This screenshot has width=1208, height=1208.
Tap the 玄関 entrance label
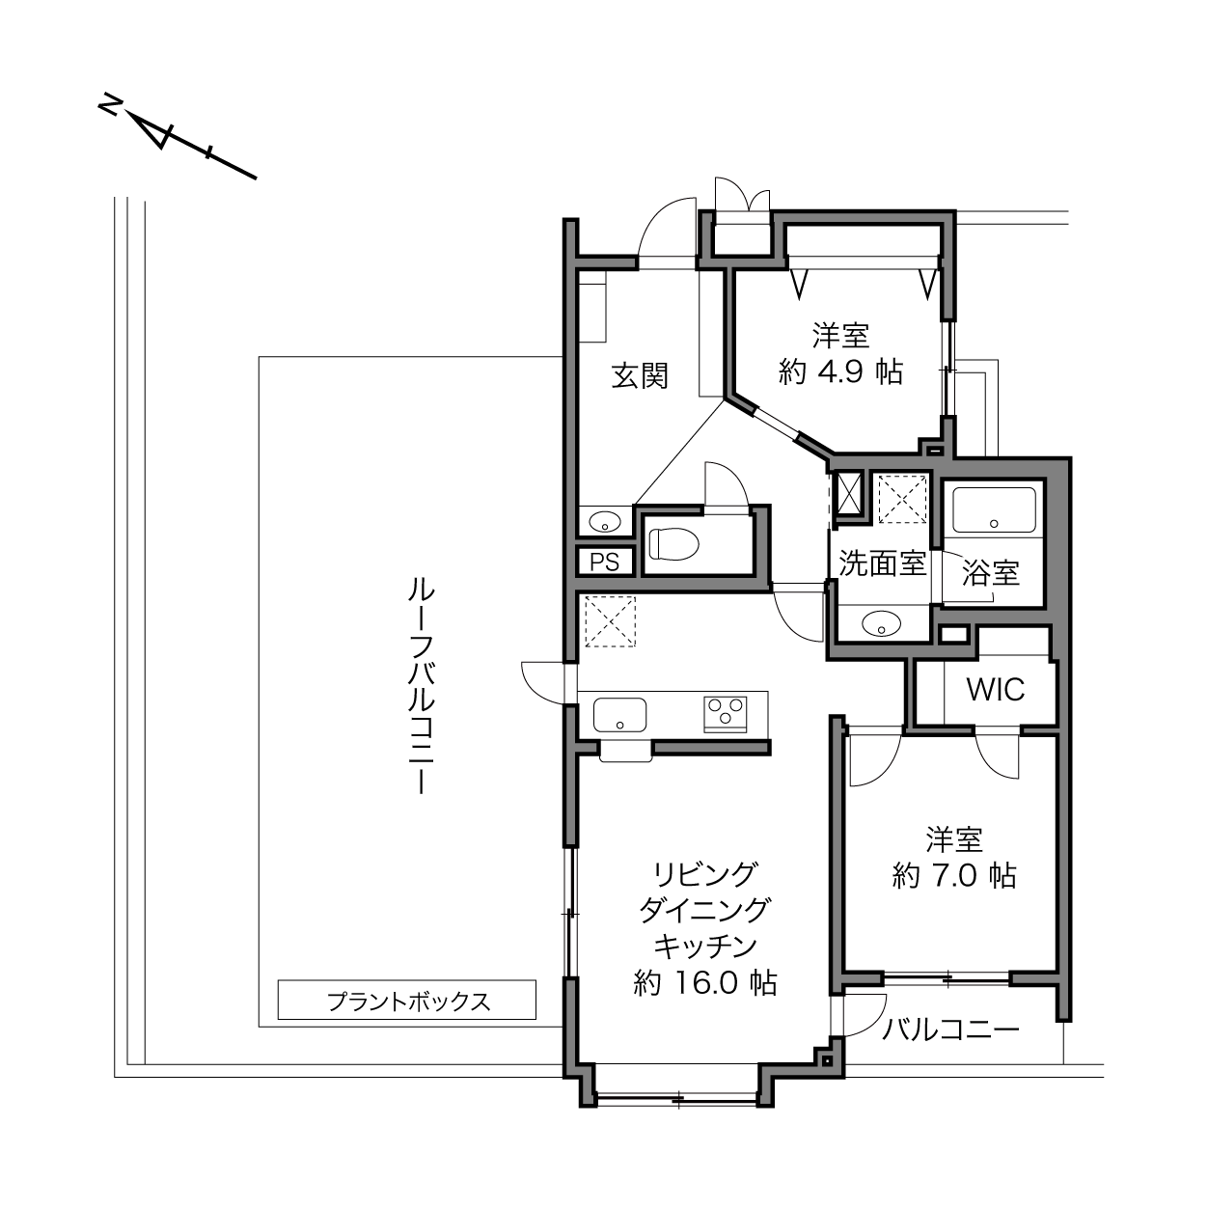(640, 376)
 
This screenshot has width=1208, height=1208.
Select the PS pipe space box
(604, 562)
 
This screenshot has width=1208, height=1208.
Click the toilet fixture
(673, 543)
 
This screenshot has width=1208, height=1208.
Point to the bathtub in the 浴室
(994, 510)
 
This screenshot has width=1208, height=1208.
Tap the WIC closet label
(996, 690)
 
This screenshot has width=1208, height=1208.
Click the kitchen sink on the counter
(619, 715)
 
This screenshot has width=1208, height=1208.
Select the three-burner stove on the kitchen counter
(726, 714)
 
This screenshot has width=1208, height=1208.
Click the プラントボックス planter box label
(408, 1002)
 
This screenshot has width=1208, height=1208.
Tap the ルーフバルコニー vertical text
(422, 686)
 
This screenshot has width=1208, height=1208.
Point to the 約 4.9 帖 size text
(840, 371)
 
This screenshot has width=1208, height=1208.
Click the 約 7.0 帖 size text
(954, 875)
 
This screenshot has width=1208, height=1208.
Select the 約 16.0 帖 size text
(705, 983)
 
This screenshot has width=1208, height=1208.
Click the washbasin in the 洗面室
(881, 623)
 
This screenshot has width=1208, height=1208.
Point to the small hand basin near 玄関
(605, 521)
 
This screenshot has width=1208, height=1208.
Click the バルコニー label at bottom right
(951, 1030)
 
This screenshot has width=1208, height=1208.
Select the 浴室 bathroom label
(991, 572)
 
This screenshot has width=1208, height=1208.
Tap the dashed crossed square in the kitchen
(610, 621)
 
